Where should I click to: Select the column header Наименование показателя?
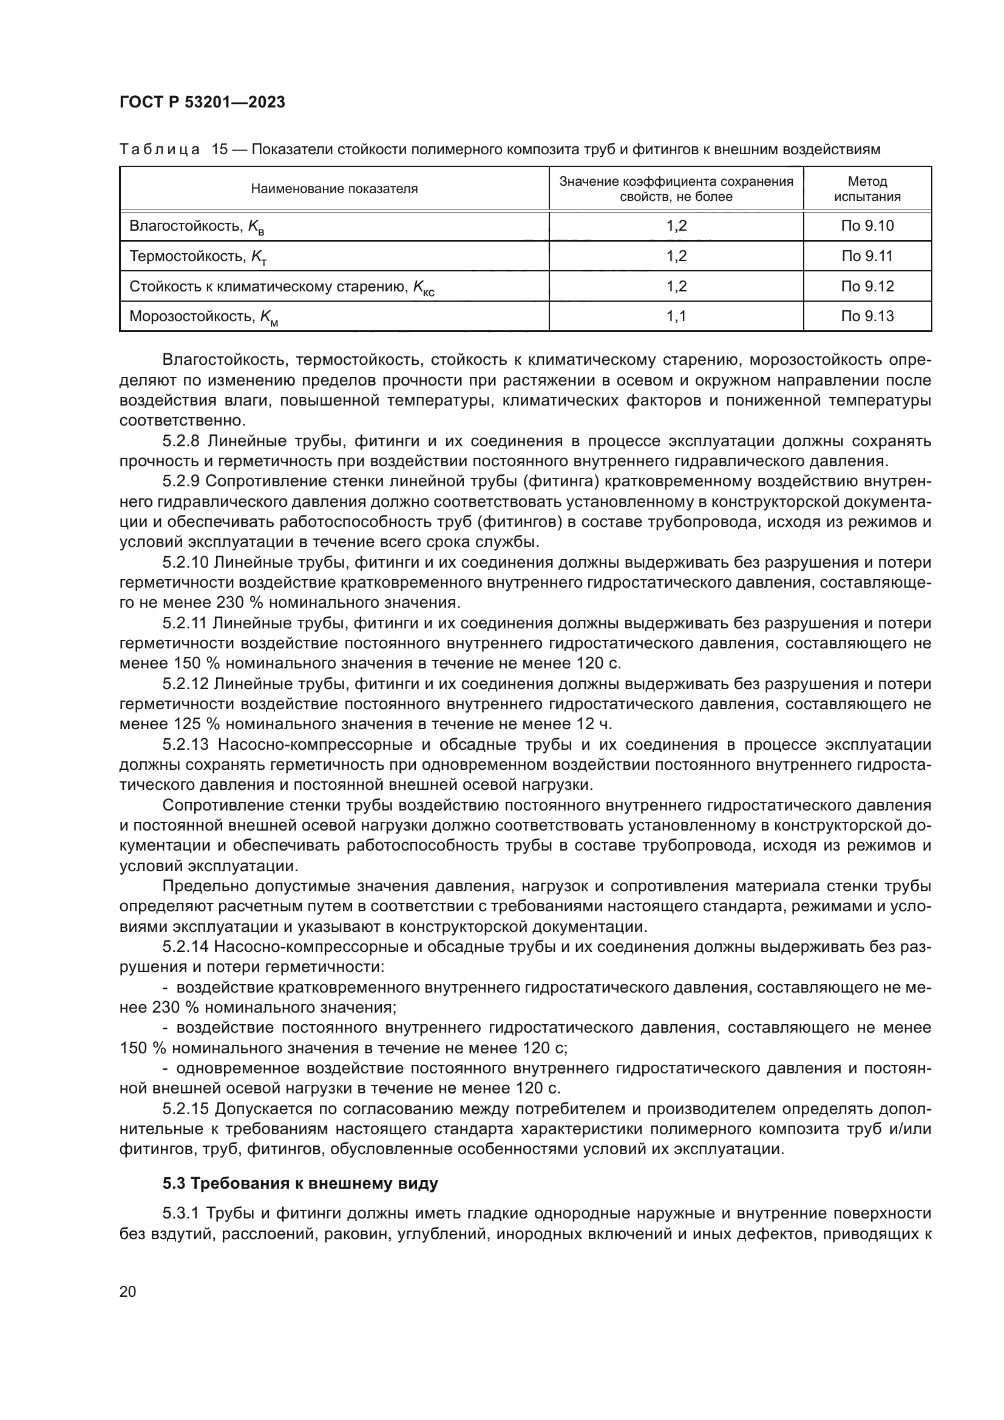(334, 189)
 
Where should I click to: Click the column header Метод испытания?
(867, 189)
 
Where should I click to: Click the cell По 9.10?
(867, 226)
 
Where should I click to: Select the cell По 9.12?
(867, 287)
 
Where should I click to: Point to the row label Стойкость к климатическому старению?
(269, 287)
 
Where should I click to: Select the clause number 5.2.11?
(186, 623)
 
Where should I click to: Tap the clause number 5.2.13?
(186, 744)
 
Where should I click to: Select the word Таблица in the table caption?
(160, 150)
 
